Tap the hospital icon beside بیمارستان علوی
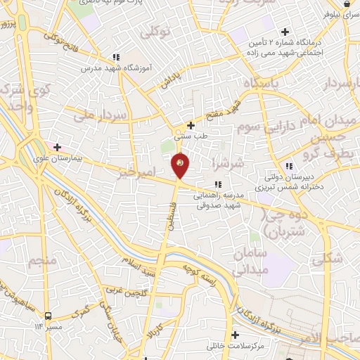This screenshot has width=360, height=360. click(x=57, y=148)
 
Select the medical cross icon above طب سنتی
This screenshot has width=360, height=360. click(x=190, y=125)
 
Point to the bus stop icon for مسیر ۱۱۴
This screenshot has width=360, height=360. click(x=48, y=316)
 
